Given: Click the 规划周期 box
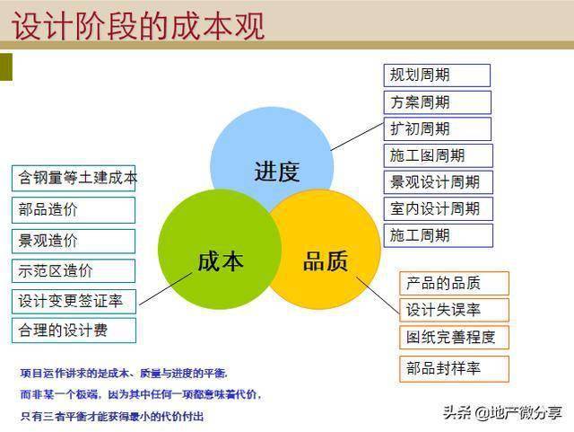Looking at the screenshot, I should click(437, 75).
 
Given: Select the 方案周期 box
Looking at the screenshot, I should click(437, 101).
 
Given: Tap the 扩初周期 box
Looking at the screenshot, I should click(437, 128).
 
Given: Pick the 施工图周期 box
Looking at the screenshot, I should click(438, 155).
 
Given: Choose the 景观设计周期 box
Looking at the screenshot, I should click(438, 182).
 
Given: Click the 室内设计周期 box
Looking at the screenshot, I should click(438, 208).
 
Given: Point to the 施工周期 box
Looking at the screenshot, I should click(438, 235).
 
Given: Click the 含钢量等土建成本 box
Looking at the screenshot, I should click(74, 179).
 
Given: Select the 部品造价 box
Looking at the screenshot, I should click(74, 209).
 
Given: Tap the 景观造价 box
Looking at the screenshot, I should click(74, 241).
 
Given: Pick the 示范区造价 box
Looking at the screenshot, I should click(74, 271).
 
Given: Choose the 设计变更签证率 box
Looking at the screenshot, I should click(74, 300).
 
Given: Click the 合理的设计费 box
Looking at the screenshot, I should click(74, 330).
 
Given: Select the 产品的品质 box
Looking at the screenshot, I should click(454, 283).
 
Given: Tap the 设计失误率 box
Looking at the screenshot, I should click(454, 310).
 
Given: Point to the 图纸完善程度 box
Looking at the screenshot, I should click(454, 338).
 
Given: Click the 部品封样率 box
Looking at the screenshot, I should click(454, 368).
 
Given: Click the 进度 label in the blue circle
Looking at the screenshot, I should click(276, 172).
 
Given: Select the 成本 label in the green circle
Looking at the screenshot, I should click(220, 261).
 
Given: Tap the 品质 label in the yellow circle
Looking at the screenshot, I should click(325, 261).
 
